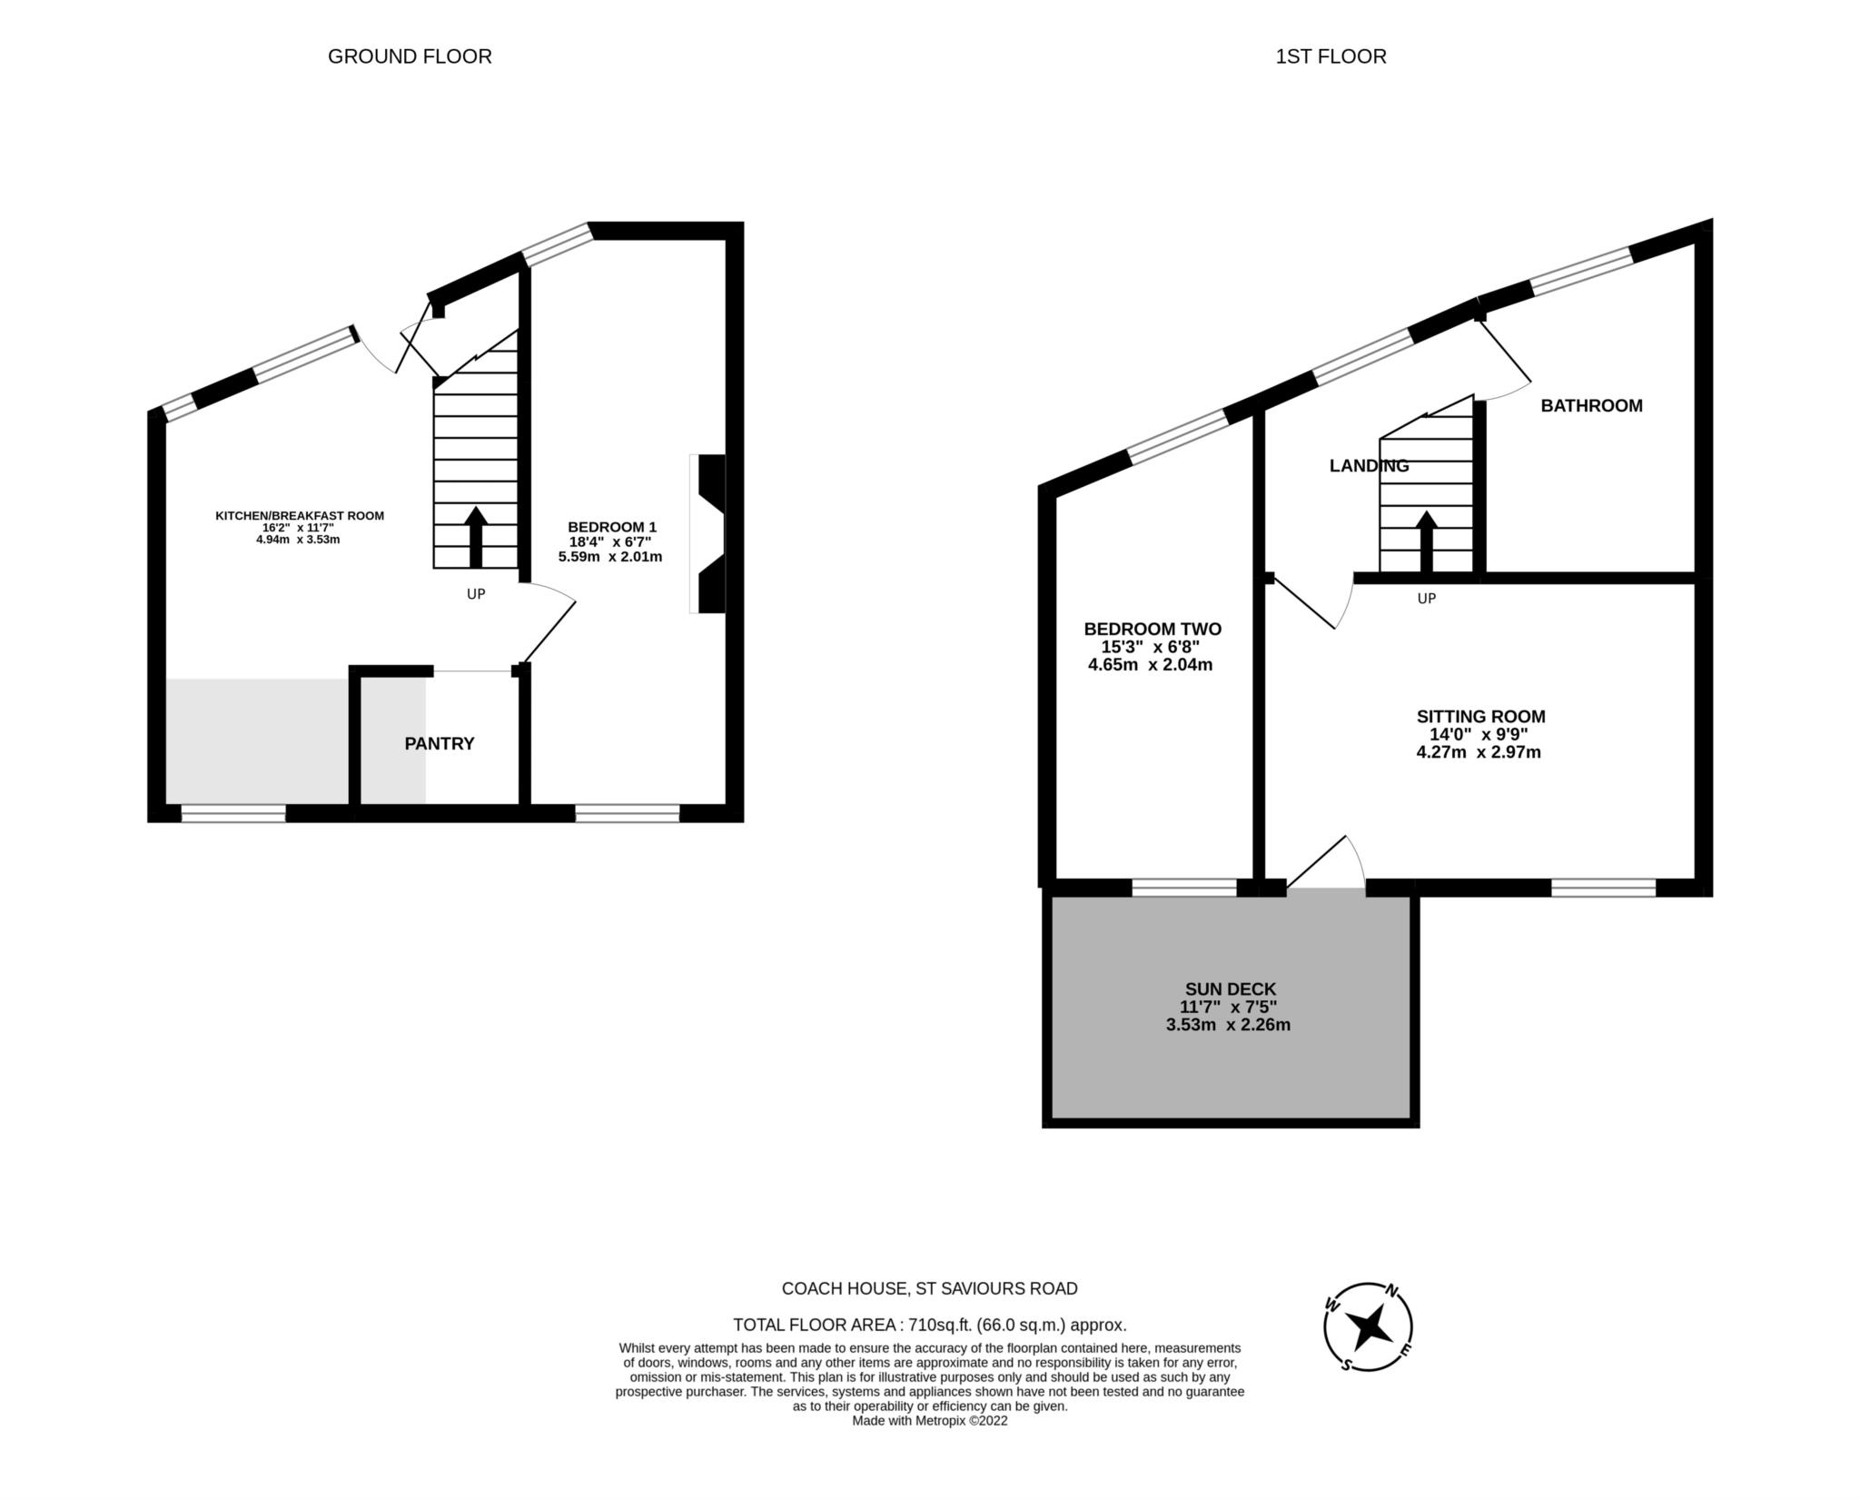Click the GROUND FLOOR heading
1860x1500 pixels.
point(410,56)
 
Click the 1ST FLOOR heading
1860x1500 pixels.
point(1331,56)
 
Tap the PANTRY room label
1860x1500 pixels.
point(440,743)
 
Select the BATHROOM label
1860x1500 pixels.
point(1591,406)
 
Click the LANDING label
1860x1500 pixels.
point(1369,466)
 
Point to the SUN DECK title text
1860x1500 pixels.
point(1231,988)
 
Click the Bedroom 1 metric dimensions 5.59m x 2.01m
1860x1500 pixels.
point(610,557)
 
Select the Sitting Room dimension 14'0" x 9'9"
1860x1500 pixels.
point(1480,734)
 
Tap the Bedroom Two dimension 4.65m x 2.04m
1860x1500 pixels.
point(1151,665)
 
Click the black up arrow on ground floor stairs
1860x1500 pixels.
point(476,536)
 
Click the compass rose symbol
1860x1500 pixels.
point(1368,1327)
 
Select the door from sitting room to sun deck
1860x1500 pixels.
point(1326,863)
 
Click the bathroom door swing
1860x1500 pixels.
point(1503,363)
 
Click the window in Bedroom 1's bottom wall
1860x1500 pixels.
point(628,813)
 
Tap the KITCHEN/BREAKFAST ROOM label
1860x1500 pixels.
point(300,516)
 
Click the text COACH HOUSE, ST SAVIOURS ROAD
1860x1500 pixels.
point(930,1288)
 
